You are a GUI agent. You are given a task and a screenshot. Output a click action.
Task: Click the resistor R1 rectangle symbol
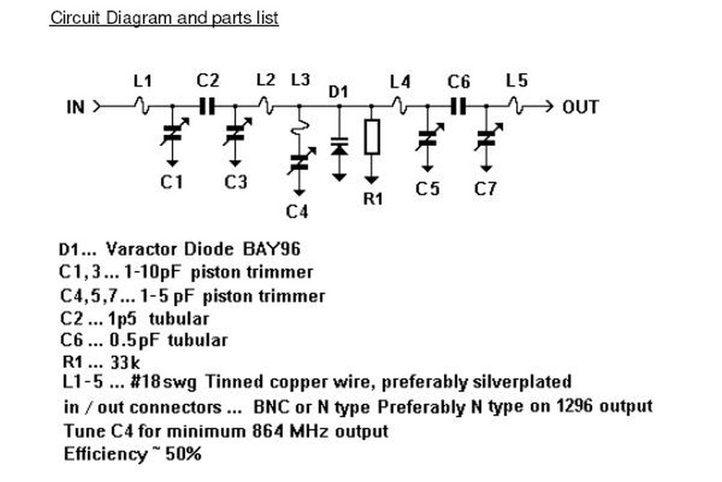pyautogui.click(x=372, y=137)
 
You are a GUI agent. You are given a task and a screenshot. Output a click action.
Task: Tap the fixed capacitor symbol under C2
pyautogui.click(x=207, y=107)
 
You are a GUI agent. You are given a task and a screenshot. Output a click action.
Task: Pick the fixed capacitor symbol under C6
pyautogui.click(x=458, y=107)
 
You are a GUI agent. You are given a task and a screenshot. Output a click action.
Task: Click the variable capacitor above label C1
pyautogui.click(x=173, y=133)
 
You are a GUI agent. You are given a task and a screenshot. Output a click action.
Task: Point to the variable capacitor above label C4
pyautogui.click(x=300, y=162)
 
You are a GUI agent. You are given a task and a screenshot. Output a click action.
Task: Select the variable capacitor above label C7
pyautogui.click(x=487, y=137)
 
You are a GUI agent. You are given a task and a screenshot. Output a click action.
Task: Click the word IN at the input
pyautogui.click(x=76, y=107)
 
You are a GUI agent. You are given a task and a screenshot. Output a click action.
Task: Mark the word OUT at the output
pyautogui.click(x=580, y=107)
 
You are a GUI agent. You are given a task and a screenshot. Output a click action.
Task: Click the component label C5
pyautogui.click(x=427, y=189)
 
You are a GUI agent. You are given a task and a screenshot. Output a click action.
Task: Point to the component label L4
pyautogui.click(x=400, y=82)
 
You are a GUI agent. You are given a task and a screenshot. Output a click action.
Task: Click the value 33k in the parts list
pyautogui.click(x=125, y=362)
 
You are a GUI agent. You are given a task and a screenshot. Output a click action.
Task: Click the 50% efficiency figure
pyautogui.click(x=183, y=454)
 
